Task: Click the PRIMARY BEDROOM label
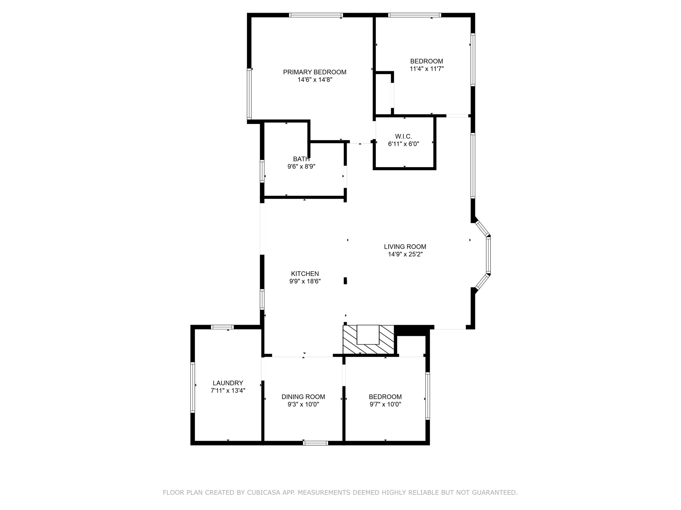click(x=315, y=72)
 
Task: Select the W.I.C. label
click(x=404, y=136)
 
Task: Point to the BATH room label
click(x=301, y=159)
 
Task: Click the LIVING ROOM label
click(x=405, y=247)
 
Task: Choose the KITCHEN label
click(x=305, y=274)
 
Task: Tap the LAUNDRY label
click(x=228, y=383)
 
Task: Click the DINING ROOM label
click(x=303, y=397)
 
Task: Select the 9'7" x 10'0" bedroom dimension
click(x=385, y=404)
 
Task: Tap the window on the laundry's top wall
click(x=222, y=327)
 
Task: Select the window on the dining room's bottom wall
click(x=316, y=443)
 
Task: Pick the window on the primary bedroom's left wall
click(x=249, y=94)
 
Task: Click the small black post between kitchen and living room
click(x=345, y=281)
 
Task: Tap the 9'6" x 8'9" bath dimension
click(x=301, y=167)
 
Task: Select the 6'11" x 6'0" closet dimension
click(x=404, y=144)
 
